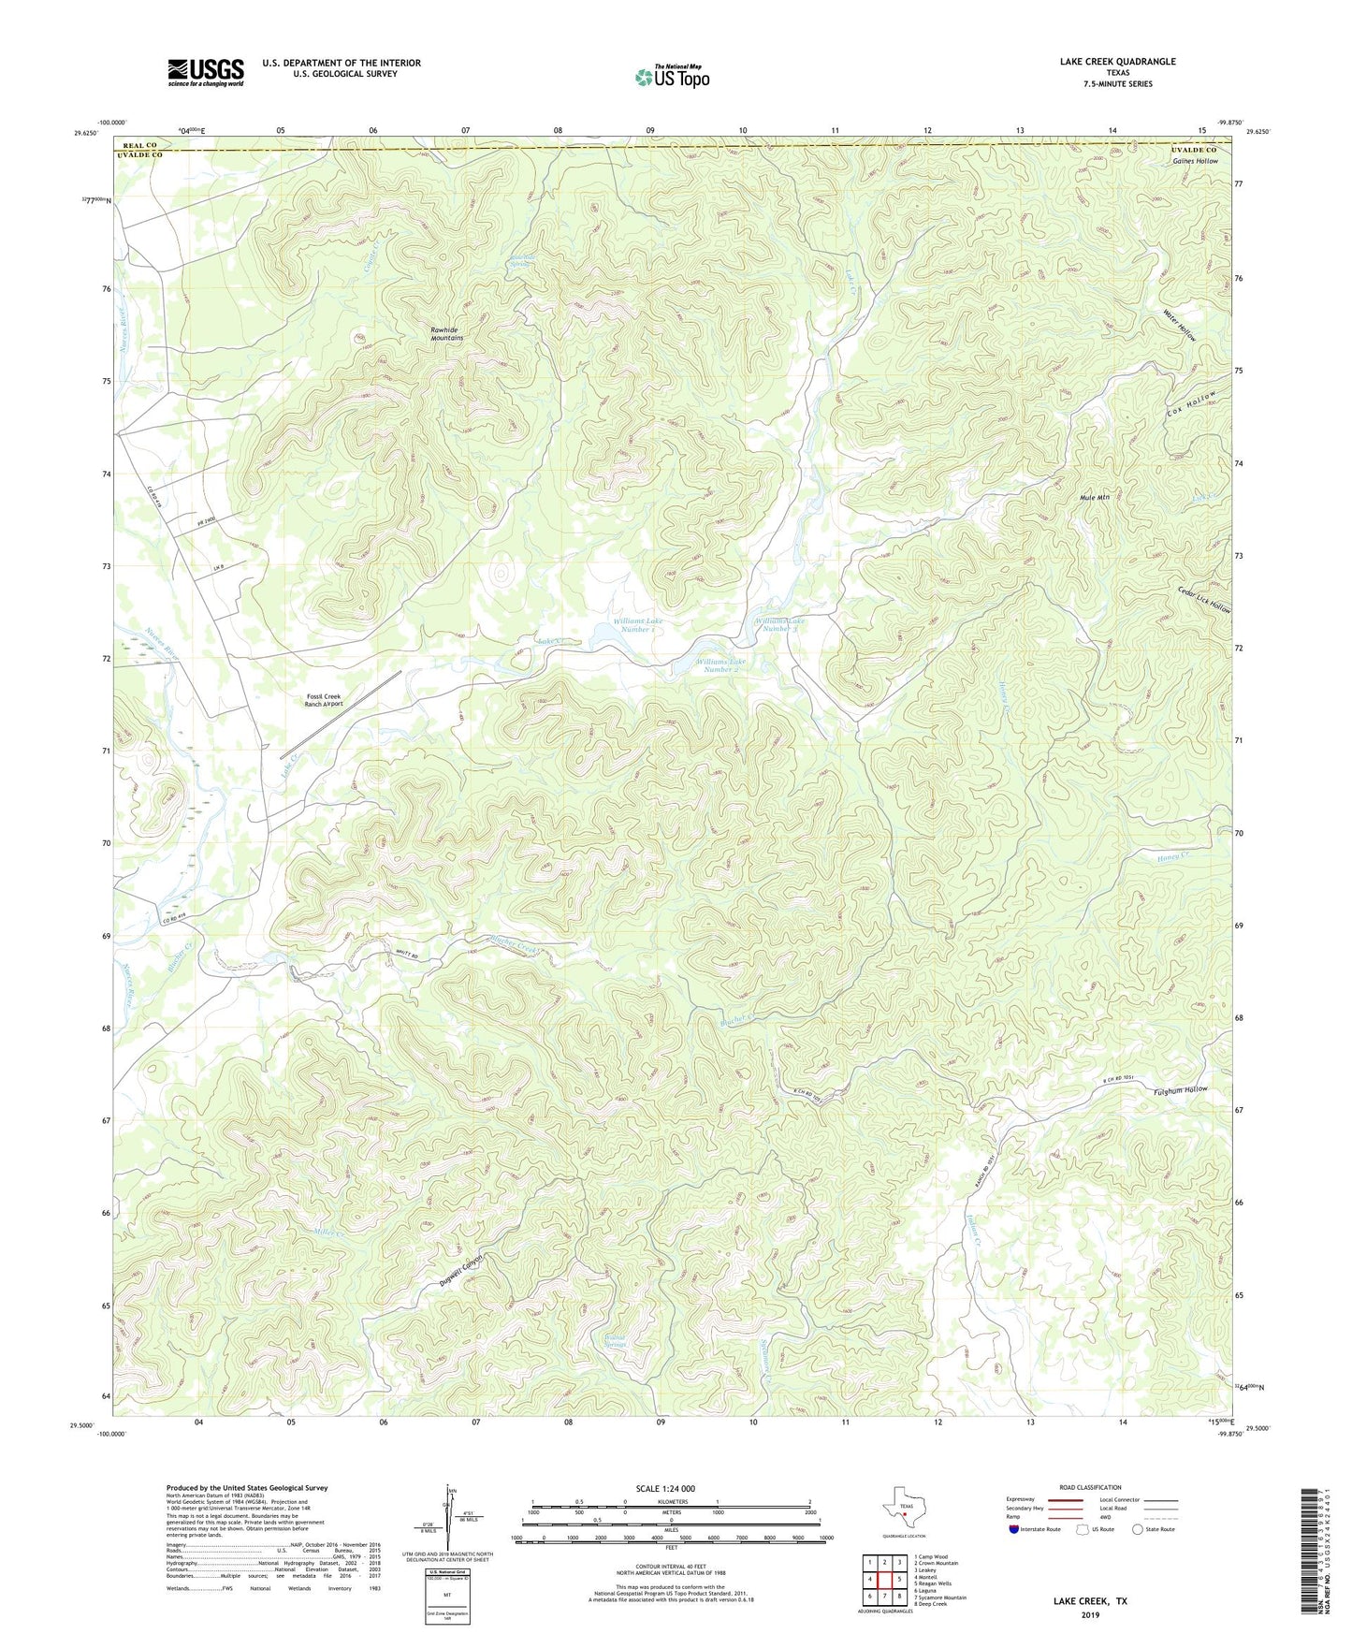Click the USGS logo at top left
pos(205,72)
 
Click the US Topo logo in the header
pos(672,77)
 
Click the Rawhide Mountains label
pos(446,334)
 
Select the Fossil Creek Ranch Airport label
pos(325,700)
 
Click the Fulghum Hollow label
pos(1181,1090)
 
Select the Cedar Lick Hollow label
pos(1204,592)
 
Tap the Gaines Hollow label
pos(1195,161)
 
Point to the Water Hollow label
pos(1180,324)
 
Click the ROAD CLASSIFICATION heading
pos(1090,1487)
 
